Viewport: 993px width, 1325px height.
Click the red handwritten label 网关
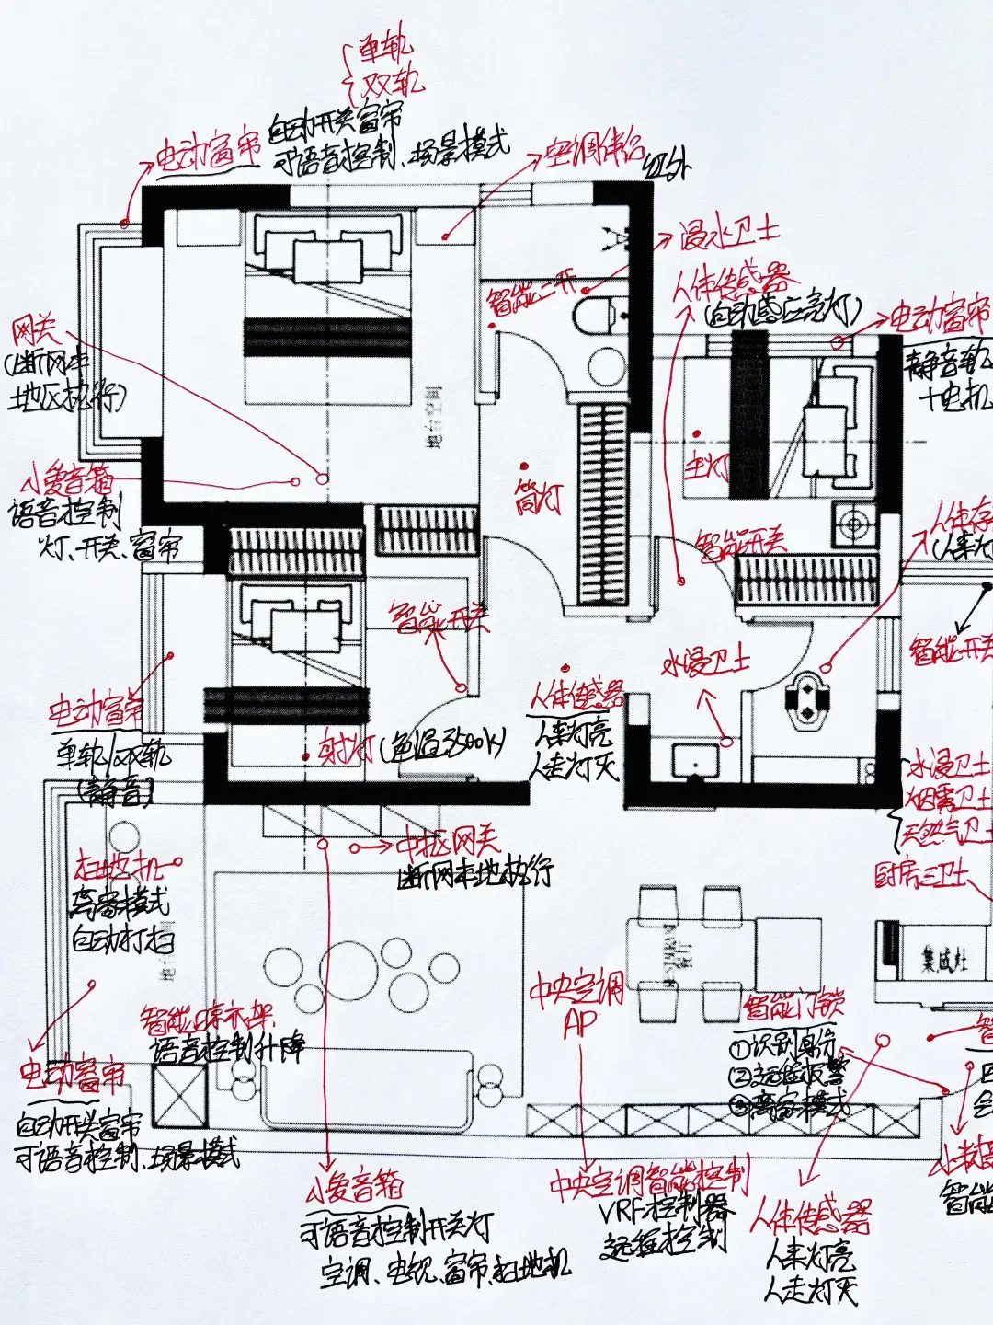tap(35, 332)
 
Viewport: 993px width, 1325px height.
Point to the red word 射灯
tap(345, 750)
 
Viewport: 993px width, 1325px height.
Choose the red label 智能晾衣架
tap(207, 1020)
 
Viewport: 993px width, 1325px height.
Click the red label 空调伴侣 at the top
tap(594, 151)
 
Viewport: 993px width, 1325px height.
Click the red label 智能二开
tap(532, 293)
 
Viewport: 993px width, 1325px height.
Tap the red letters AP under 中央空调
tap(581, 1023)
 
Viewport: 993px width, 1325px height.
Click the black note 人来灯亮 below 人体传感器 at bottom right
tap(810, 1255)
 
